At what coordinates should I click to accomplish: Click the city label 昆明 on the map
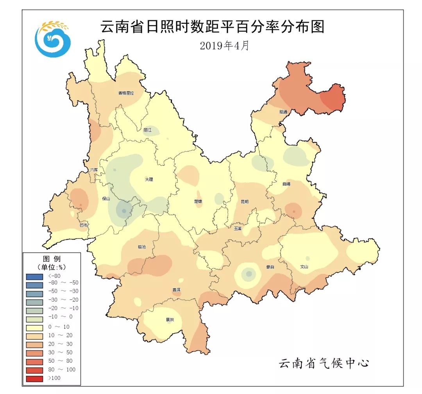(244, 202)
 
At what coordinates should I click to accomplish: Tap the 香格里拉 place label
(126, 93)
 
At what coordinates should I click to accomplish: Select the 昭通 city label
(283, 112)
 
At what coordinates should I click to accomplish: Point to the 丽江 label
(147, 130)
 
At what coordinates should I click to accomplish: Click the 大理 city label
(149, 180)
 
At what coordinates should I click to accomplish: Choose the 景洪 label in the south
(170, 320)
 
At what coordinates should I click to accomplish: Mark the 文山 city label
(304, 267)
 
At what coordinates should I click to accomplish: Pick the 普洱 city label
(177, 290)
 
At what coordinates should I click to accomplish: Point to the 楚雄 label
(198, 201)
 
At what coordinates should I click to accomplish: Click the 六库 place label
(94, 170)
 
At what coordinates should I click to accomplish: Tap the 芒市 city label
(84, 225)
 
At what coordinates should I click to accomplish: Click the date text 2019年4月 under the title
(224, 46)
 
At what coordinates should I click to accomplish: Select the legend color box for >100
(34, 378)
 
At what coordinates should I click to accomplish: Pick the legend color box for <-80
(34, 276)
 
